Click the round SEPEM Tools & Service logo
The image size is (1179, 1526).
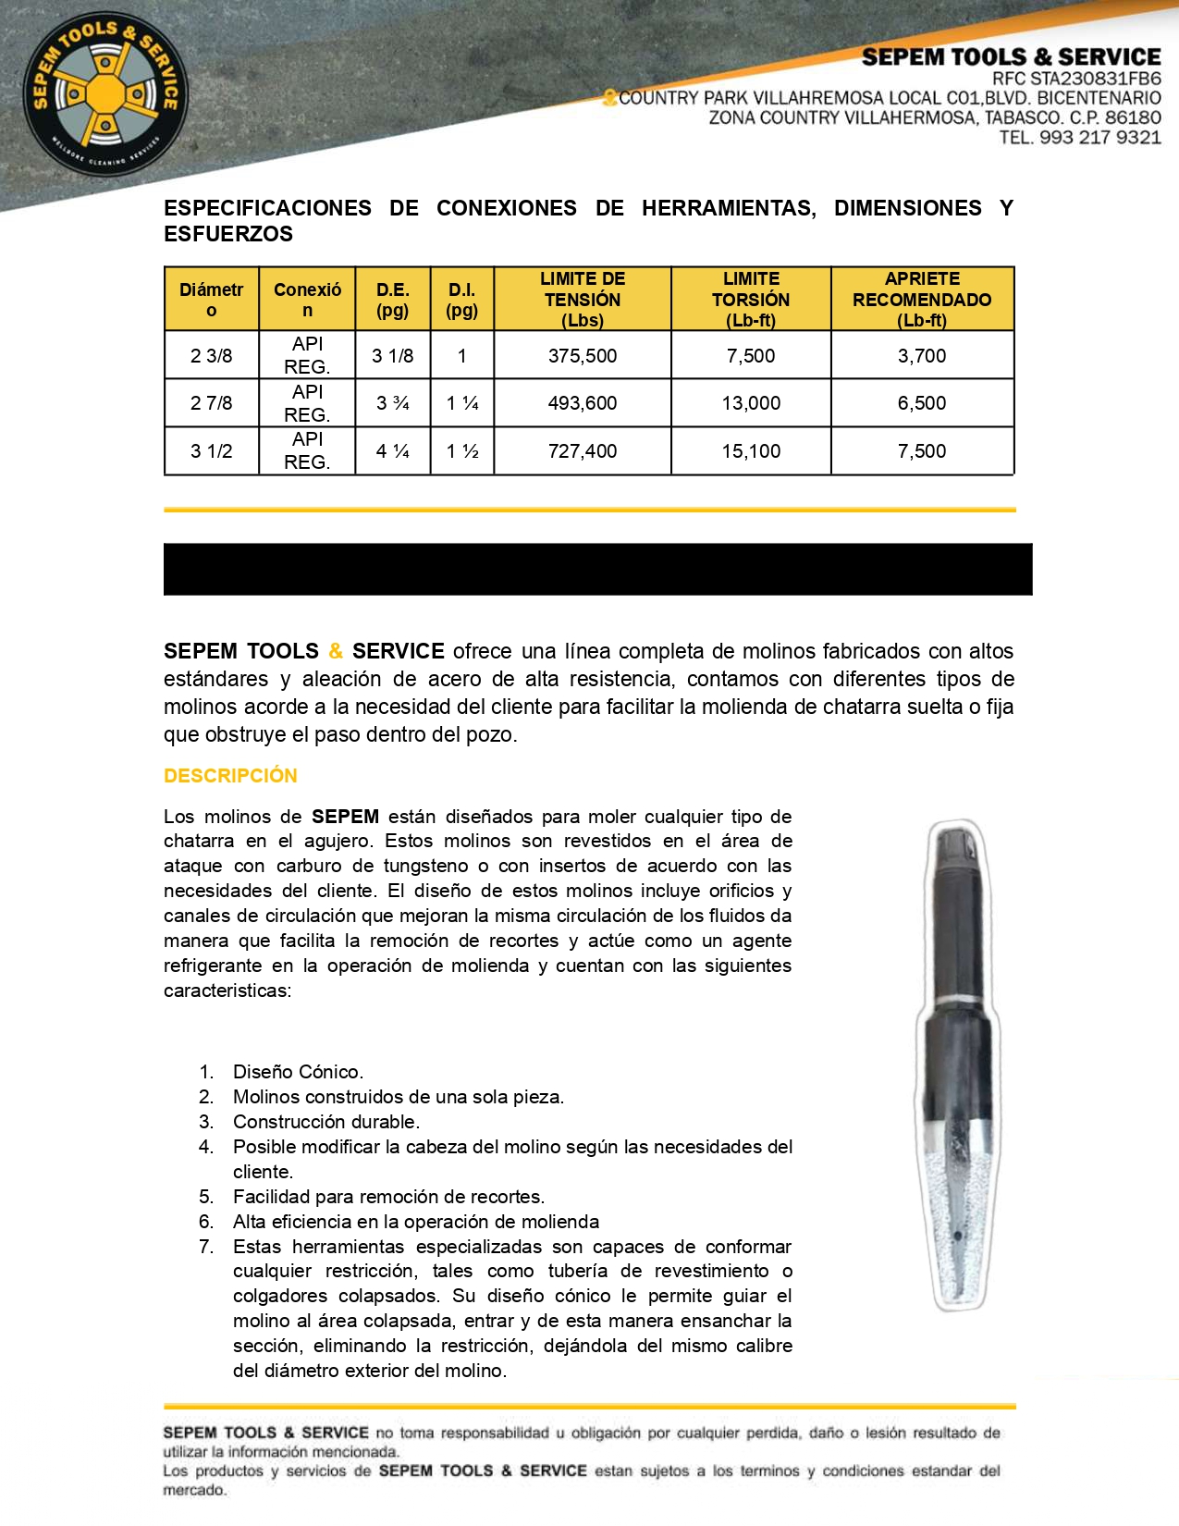[104, 94]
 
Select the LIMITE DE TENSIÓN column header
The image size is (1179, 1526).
[583, 299]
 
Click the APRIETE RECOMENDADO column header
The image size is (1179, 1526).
[922, 299]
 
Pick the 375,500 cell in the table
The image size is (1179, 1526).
[583, 356]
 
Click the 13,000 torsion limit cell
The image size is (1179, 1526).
[751, 403]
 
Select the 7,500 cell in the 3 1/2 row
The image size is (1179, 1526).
[922, 451]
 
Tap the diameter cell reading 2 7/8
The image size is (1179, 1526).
[212, 403]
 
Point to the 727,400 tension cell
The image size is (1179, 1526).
[583, 451]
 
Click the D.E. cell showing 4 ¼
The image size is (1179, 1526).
[393, 451]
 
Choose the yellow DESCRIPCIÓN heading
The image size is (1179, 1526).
[230, 776]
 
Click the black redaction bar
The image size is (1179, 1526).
[597, 569]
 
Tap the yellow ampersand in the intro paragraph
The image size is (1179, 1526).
[336, 651]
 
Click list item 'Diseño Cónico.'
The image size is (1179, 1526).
[298, 1072]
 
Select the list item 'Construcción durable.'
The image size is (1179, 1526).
[326, 1122]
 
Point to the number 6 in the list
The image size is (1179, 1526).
[206, 1222]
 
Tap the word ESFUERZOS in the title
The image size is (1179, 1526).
[228, 234]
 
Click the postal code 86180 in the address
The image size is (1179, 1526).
[1133, 117]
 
